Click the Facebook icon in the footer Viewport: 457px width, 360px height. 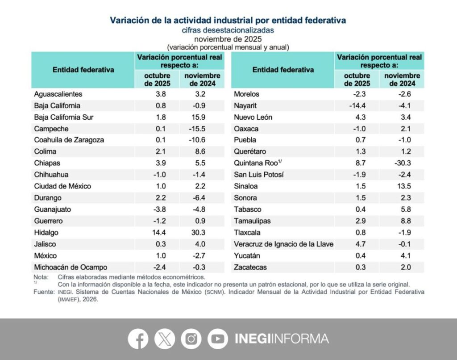(x=138, y=339)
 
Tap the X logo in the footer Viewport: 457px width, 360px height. (x=165, y=339)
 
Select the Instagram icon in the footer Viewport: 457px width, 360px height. (x=191, y=339)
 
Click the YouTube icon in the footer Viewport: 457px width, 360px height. (x=218, y=339)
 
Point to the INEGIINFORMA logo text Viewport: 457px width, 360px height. (x=282, y=339)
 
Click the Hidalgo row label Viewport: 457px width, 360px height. (x=46, y=233)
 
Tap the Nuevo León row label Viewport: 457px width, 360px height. (x=253, y=117)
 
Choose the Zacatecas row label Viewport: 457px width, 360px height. (x=251, y=267)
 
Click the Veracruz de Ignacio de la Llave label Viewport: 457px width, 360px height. (x=284, y=244)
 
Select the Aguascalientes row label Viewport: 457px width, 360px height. (x=58, y=94)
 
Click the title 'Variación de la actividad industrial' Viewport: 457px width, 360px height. (x=228, y=20)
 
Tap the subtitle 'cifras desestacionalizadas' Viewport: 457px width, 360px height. (x=228, y=30)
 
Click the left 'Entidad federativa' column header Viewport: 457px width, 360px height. (x=83, y=70)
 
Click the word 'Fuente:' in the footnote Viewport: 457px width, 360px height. (x=43, y=291)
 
